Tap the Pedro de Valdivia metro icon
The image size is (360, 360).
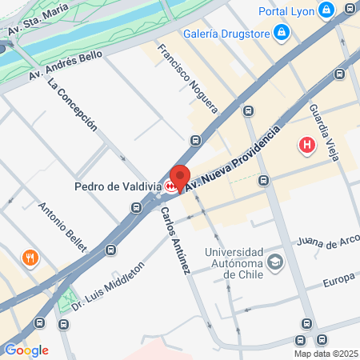pyautogui.click(x=171, y=186)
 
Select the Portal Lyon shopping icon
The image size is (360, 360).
pyautogui.click(x=326, y=10)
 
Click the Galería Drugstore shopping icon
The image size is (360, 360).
pyautogui.click(x=281, y=33)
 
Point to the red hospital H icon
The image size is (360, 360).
pyautogui.click(x=306, y=146)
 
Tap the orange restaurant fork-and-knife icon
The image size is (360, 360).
pyautogui.click(x=30, y=258)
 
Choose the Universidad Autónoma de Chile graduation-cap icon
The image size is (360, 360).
pyautogui.click(x=275, y=262)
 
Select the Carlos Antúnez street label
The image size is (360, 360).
pyautogui.click(x=174, y=241)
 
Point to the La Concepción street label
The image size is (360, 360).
pyautogui.click(x=72, y=105)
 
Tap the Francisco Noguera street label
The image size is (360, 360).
pyautogui.click(x=187, y=76)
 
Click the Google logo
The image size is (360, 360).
pyautogui.click(x=26, y=350)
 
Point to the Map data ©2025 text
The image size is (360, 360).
pyautogui.click(x=325, y=354)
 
